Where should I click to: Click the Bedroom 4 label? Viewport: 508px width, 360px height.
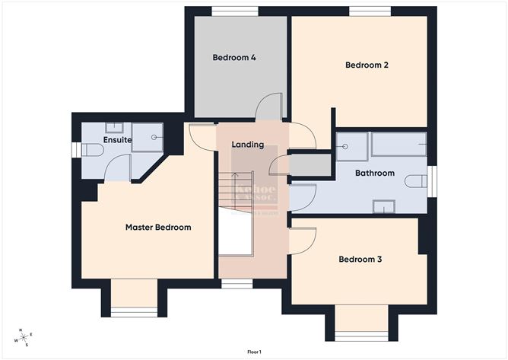click(233, 57)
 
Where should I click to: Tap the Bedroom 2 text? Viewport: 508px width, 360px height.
click(367, 65)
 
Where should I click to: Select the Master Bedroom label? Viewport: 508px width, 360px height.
click(158, 227)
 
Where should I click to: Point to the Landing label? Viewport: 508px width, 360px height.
click(248, 145)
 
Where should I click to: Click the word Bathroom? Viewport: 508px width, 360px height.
click(375, 173)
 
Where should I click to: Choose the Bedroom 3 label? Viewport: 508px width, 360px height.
click(360, 260)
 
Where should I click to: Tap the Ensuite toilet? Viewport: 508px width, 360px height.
click(92, 150)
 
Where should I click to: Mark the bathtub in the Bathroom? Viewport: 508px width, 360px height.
click(398, 144)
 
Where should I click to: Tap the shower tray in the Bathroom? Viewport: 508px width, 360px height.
click(352, 145)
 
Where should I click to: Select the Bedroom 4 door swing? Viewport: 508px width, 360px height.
click(270, 109)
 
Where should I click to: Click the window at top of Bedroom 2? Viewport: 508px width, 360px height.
click(370, 11)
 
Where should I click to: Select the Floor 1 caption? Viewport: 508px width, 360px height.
click(254, 352)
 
